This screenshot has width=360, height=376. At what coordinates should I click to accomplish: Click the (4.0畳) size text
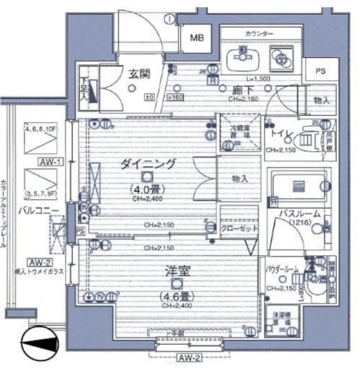[x=148, y=188]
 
